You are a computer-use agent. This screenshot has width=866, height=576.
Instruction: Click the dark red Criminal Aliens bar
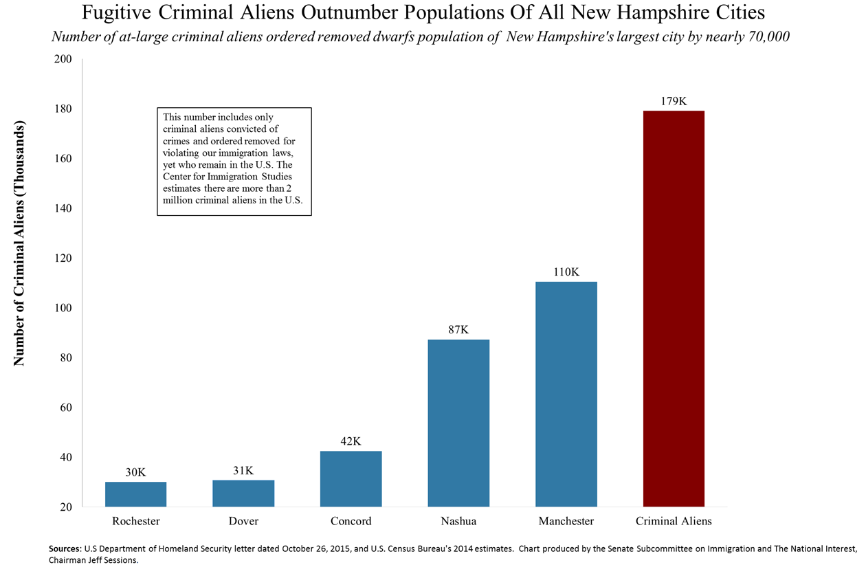click(673, 309)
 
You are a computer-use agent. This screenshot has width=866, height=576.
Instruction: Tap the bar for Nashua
click(458, 423)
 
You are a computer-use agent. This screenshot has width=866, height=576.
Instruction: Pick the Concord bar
click(351, 478)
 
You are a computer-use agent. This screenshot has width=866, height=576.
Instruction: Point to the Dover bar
click(243, 493)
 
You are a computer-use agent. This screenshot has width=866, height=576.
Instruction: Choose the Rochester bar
click(135, 494)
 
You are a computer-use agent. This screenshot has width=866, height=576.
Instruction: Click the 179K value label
click(673, 101)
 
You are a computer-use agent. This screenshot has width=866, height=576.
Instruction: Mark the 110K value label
click(566, 272)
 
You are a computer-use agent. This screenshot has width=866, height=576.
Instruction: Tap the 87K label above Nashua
click(458, 330)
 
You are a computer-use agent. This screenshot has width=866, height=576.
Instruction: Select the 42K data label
click(351, 441)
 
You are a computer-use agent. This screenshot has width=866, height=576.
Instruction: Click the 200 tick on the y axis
click(63, 59)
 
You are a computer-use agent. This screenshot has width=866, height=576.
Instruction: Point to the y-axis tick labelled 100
click(63, 308)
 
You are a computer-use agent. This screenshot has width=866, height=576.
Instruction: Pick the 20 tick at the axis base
click(66, 507)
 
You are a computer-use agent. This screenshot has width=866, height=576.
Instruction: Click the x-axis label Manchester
click(566, 521)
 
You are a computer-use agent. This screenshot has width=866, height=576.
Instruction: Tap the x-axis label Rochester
click(135, 521)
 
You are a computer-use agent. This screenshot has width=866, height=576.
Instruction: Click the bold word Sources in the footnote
click(65, 549)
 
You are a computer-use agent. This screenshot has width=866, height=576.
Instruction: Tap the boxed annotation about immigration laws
click(234, 162)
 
